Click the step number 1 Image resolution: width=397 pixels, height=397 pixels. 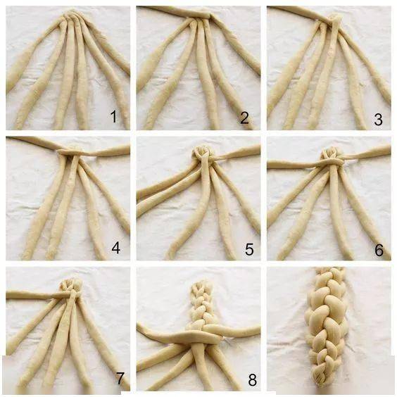(x=114, y=116)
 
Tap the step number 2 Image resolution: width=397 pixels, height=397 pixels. (x=244, y=118)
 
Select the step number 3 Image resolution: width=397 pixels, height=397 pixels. (x=378, y=120)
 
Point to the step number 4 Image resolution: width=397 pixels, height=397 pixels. (x=115, y=248)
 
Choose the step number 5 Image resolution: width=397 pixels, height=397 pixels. (x=249, y=249)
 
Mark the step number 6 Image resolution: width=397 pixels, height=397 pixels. (x=379, y=250)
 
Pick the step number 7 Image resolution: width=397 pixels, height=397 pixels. (x=120, y=378)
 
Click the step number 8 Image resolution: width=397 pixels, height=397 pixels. (x=252, y=380)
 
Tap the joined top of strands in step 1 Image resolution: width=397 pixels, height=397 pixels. (x=72, y=15)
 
